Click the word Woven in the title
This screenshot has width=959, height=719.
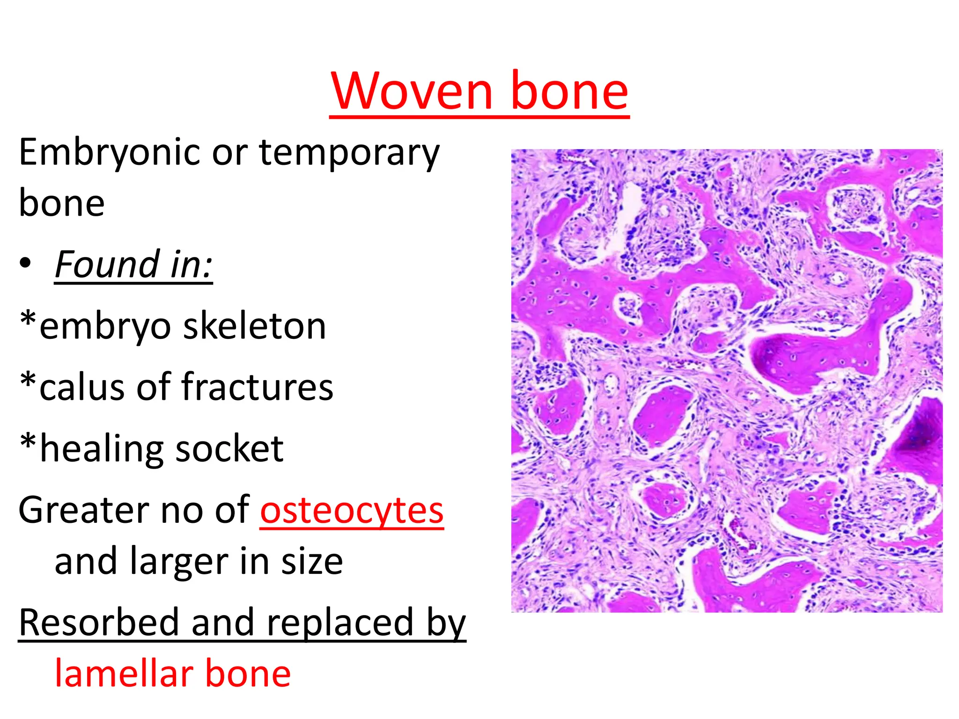point(412,91)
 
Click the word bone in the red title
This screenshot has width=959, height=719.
point(569,91)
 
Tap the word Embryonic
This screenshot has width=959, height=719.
point(110,154)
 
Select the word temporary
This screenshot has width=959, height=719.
point(349,154)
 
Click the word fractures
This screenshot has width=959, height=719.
point(257,388)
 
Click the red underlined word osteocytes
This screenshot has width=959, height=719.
point(352,511)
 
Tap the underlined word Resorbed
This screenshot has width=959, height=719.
point(99,623)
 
